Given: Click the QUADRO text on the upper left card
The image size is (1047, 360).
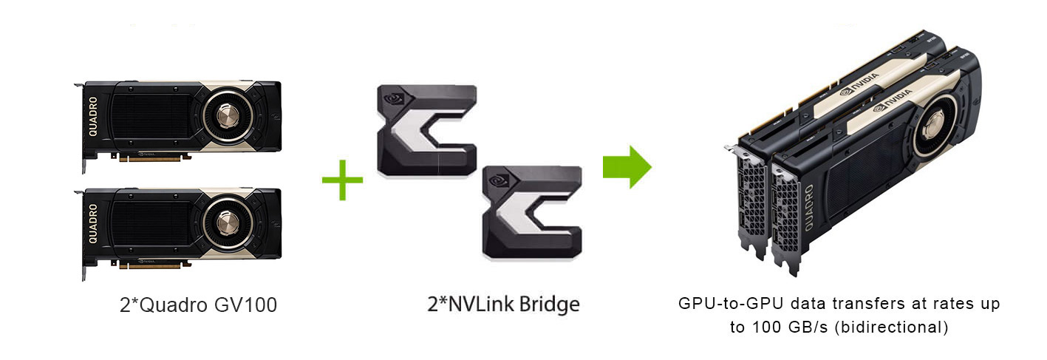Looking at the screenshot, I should click(94, 117).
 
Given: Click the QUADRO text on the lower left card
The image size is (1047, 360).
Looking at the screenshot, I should click(94, 224).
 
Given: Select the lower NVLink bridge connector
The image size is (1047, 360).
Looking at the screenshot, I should click(531, 211).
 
